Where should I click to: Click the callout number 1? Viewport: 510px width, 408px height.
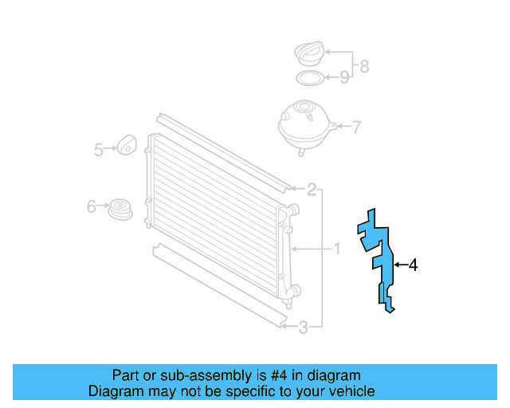click(336, 249)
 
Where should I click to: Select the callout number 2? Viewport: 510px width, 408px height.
click(312, 190)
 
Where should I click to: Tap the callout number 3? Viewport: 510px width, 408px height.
click(303, 326)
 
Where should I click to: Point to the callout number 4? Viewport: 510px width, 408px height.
click(413, 265)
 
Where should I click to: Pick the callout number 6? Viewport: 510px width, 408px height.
click(92, 207)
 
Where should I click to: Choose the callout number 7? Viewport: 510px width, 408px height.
click(356, 126)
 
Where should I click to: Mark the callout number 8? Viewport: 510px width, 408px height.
click(364, 66)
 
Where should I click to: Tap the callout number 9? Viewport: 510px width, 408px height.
click(344, 77)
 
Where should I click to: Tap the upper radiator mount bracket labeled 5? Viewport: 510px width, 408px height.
click(127, 145)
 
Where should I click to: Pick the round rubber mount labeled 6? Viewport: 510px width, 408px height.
click(120, 210)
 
